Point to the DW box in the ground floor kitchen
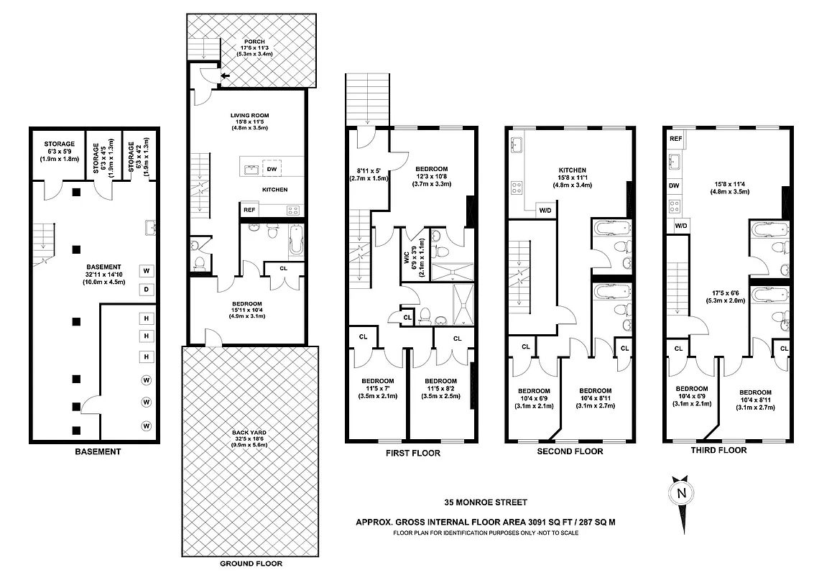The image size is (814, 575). point(272,170)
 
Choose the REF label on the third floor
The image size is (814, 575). point(675,139)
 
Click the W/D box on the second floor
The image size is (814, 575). point(545,211)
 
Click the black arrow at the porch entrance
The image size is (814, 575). point(225,75)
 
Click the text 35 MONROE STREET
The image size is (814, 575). point(486,502)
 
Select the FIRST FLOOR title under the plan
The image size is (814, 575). point(412,454)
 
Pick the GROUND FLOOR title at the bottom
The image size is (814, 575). point(251,564)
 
